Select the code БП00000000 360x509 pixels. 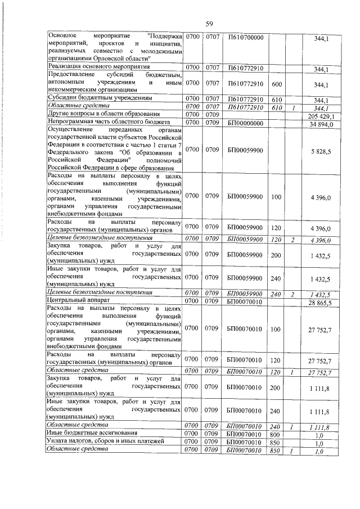[245, 123]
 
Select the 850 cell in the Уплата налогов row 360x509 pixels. [276, 442]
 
